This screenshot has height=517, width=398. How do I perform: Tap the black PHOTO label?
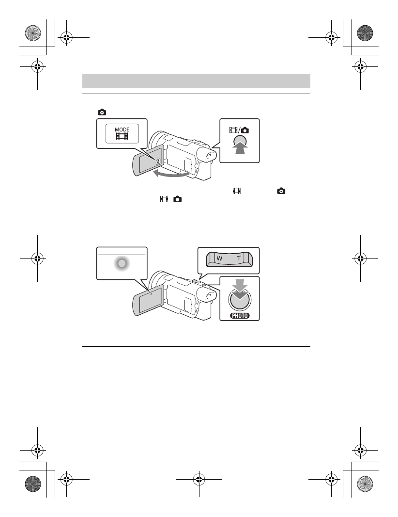239,315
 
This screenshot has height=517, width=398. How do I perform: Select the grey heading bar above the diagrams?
196,80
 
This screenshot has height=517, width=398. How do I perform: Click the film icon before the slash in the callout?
234,130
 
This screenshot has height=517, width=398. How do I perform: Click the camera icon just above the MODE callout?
102,112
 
